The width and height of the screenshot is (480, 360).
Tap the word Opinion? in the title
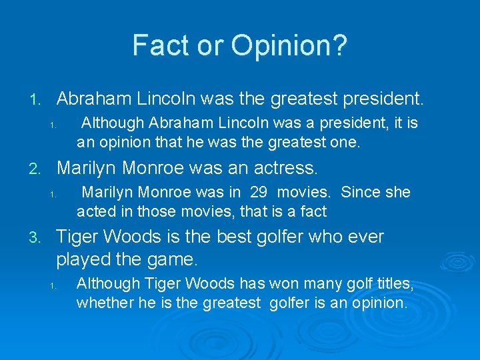coord(289,45)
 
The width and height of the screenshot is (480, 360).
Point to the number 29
coord(259,193)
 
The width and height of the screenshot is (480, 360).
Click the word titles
coord(393,284)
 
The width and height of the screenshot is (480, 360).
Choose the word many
coord(315,284)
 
